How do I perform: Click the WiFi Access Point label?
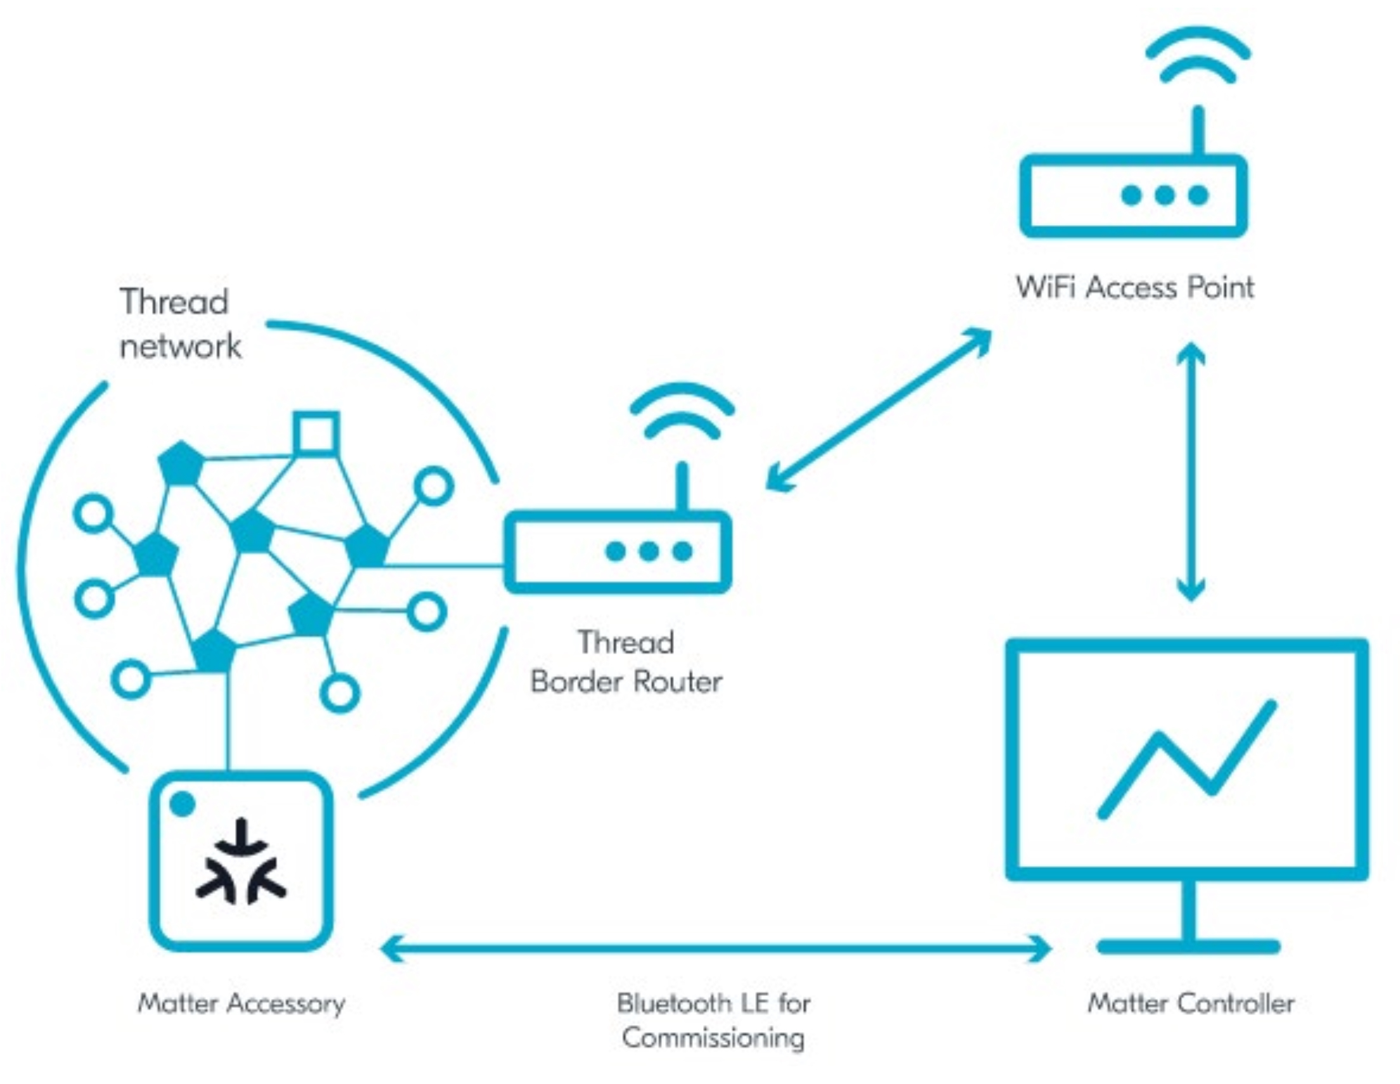[x=1134, y=287]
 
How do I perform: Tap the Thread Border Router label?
[x=626, y=662]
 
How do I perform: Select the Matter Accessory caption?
[x=242, y=1003]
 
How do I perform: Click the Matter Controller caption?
[x=1191, y=1003]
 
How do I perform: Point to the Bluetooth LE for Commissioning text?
[x=713, y=1020]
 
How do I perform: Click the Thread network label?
[x=179, y=324]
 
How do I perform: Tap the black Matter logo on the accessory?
[x=241, y=862]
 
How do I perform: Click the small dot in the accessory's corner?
[x=183, y=804]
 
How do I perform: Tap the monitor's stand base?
[x=1188, y=946]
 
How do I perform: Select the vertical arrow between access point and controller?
[x=1191, y=472]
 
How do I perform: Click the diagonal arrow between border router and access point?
[x=878, y=410]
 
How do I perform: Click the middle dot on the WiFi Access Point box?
[x=1165, y=195]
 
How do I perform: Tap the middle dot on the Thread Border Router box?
[x=649, y=552]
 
